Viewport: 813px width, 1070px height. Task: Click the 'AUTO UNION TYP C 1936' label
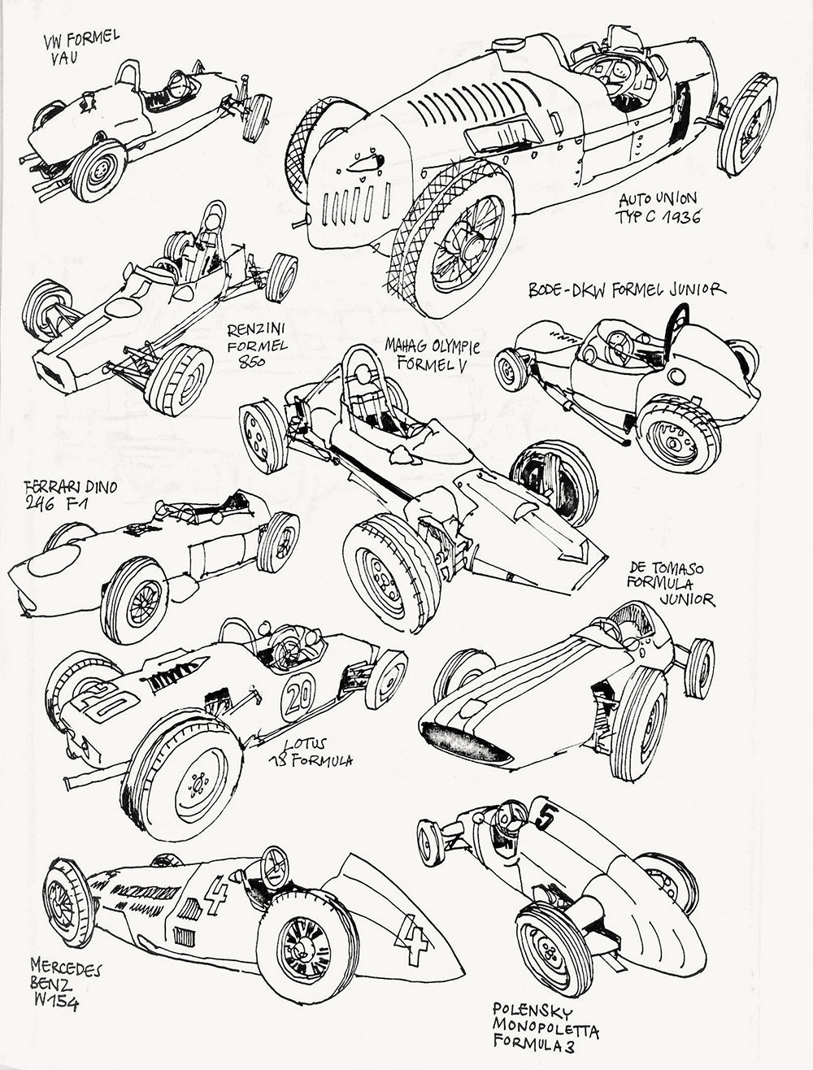(x=659, y=208)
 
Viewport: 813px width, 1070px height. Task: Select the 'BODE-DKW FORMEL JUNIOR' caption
(x=625, y=290)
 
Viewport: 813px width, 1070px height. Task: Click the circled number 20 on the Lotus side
(x=298, y=696)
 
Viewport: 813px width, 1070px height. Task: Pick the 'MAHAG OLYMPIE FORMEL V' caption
(x=432, y=356)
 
